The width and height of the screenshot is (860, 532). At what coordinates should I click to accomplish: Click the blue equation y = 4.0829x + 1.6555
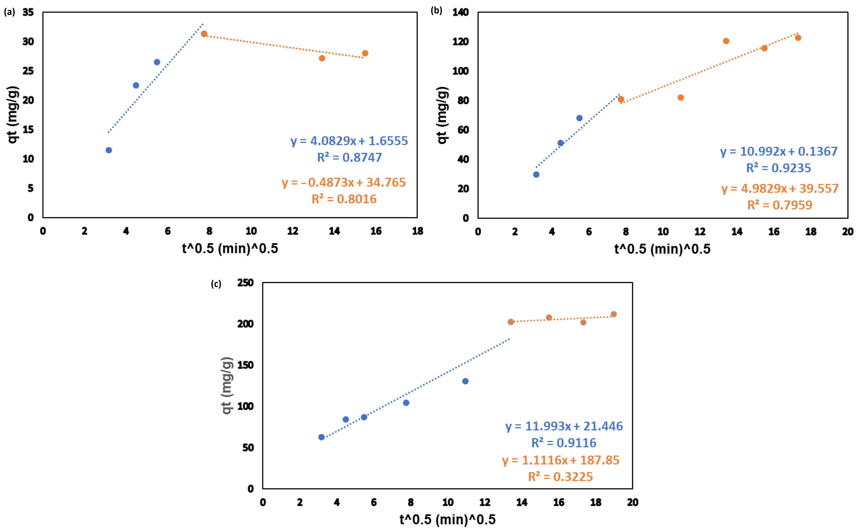pyautogui.click(x=349, y=141)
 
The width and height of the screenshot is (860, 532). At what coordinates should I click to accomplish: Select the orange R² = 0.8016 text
pyautogui.click(x=344, y=199)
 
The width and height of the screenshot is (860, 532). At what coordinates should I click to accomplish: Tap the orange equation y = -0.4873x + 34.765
pyautogui.click(x=343, y=182)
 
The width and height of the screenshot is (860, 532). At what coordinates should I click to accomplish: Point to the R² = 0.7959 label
pyautogui.click(x=779, y=205)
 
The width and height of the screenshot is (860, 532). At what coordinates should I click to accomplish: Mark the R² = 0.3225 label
pyautogui.click(x=561, y=477)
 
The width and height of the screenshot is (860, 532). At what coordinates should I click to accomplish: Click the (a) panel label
pyautogui.click(x=10, y=12)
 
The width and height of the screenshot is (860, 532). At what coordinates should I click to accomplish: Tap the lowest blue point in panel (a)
pyautogui.click(x=109, y=150)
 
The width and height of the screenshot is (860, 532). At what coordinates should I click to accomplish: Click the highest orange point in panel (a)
pyautogui.click(x=204, y=34)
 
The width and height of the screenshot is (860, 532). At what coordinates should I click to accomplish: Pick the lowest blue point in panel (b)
pyautogui.click(x=536, y=174)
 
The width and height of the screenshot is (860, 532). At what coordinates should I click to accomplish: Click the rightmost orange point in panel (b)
pyautogui.click(x=798, y=38)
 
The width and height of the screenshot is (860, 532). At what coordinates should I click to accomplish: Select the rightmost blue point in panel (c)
pyautogui.click(x=465, y=381)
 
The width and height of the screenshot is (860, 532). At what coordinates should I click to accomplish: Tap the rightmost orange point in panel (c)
pyautogui.click(x=613, y=314)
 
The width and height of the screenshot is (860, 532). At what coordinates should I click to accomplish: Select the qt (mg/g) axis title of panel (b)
pyautogui.click(x=442, y=115)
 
